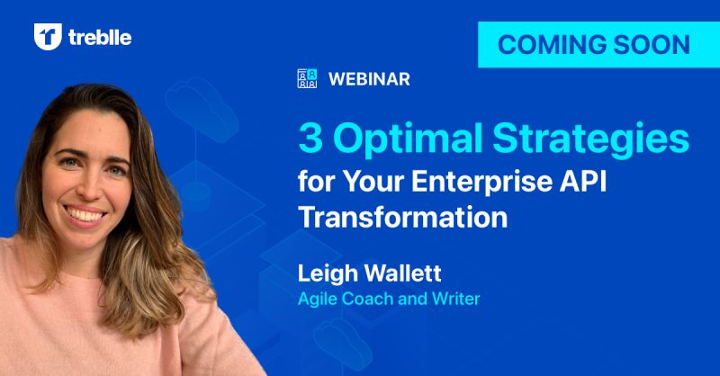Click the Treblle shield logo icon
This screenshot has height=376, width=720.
tap(48, 36)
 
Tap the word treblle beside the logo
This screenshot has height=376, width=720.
tap(100, 37)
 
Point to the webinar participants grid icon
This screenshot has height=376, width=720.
tap(307, 78)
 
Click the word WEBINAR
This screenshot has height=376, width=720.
tap(369, 79)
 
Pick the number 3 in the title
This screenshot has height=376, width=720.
tap(310, 139)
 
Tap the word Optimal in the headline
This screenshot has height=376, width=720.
tap(408, 139)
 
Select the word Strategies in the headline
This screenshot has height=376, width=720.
tap(591, 140)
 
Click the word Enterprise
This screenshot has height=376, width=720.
tap(481, 182)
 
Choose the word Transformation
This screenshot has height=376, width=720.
tap(403, 217)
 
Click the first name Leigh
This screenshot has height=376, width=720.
tap(328, 274)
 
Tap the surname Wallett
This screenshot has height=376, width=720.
tap(402, 273)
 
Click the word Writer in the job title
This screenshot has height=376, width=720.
tap(456, 299)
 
